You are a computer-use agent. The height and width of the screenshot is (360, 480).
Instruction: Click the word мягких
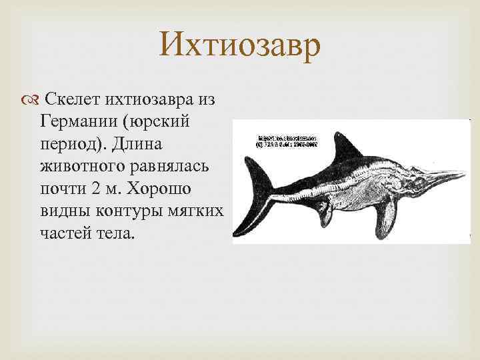[195, 210]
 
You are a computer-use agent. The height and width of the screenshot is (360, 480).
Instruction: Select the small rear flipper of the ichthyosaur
[324, 215]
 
